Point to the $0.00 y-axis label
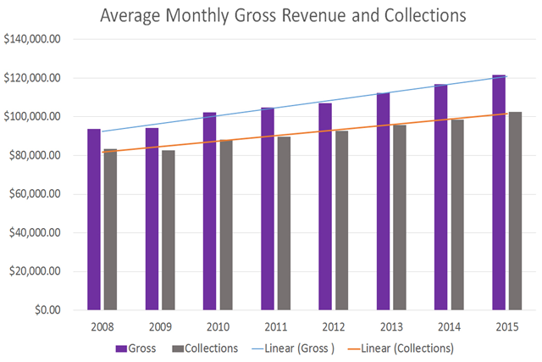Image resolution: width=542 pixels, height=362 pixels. [x=42, y=310]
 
